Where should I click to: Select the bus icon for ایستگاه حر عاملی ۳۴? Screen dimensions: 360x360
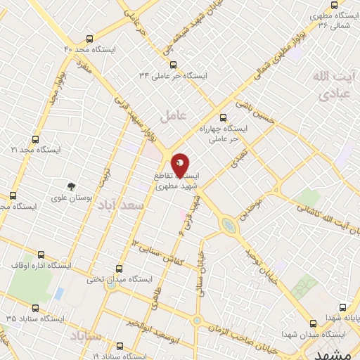click(x=143, y=63)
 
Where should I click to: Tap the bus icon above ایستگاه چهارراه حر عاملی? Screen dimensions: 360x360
click(x=224, y=118)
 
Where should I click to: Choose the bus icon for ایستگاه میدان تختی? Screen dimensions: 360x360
click(x=118, y=268)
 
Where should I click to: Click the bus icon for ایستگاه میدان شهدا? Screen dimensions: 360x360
click(x=313, y=323)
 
